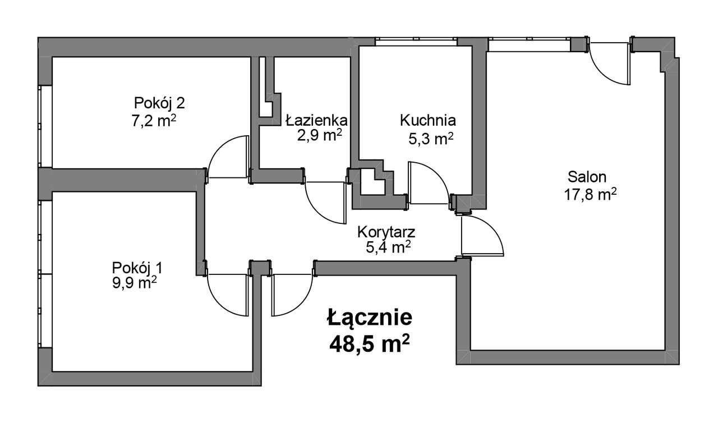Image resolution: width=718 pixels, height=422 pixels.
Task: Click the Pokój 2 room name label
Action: [159, 103]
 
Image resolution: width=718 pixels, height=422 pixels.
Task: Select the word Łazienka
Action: [316, 120]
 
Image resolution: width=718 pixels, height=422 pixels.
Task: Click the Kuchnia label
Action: [427, 120]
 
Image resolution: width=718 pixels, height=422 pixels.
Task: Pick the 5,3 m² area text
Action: [431, 139]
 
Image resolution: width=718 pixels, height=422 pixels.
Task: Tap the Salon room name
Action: [587, 177]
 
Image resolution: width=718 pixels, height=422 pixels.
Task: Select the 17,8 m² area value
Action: [590, 195]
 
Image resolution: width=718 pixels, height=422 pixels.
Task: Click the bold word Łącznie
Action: [370, 318]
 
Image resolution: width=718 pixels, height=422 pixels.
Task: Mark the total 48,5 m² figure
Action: [369, 342]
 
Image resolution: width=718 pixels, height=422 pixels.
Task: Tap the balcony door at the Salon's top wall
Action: [610, 63]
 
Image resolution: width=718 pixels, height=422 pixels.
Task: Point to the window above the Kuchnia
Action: [416, 42]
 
